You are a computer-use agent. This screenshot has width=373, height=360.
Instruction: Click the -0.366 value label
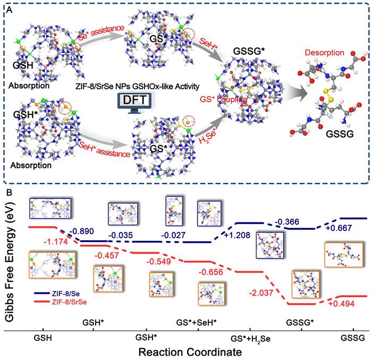289,221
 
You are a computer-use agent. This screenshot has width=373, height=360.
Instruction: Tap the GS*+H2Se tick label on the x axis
251,338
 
